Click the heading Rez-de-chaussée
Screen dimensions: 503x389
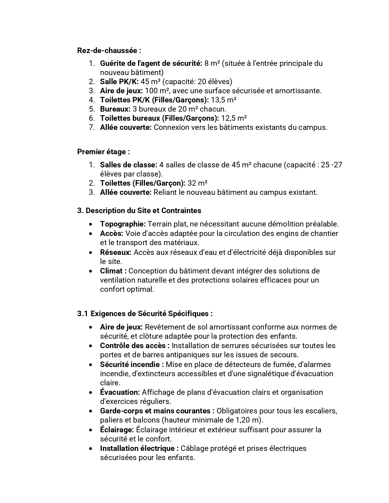(x=109, y=50)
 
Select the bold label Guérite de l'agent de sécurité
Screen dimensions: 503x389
(x=151, y=63)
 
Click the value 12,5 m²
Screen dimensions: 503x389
(x=234, y=118)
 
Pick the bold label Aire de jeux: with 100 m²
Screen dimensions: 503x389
(x=121, y=91)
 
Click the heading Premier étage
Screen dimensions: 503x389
(x=103, y=152)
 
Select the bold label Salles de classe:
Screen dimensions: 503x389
(x=129, y=165)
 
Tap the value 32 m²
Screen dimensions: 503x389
(x=197, y=183)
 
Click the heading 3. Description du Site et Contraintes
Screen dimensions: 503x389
(x=139, y=211)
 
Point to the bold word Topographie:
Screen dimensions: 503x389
(x=123, y=224)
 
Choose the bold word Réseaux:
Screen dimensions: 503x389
(x=116, y=252)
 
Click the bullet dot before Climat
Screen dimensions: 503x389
(x=91, y=271)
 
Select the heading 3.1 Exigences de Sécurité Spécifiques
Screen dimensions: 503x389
(x=145, y=313)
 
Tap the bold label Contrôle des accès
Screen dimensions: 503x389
(x=135, y=346)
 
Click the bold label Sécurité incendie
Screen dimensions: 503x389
(x=132, y=365)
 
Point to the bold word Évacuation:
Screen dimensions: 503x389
(x=120, y=392)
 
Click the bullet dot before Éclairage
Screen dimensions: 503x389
(x=91, y=430)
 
